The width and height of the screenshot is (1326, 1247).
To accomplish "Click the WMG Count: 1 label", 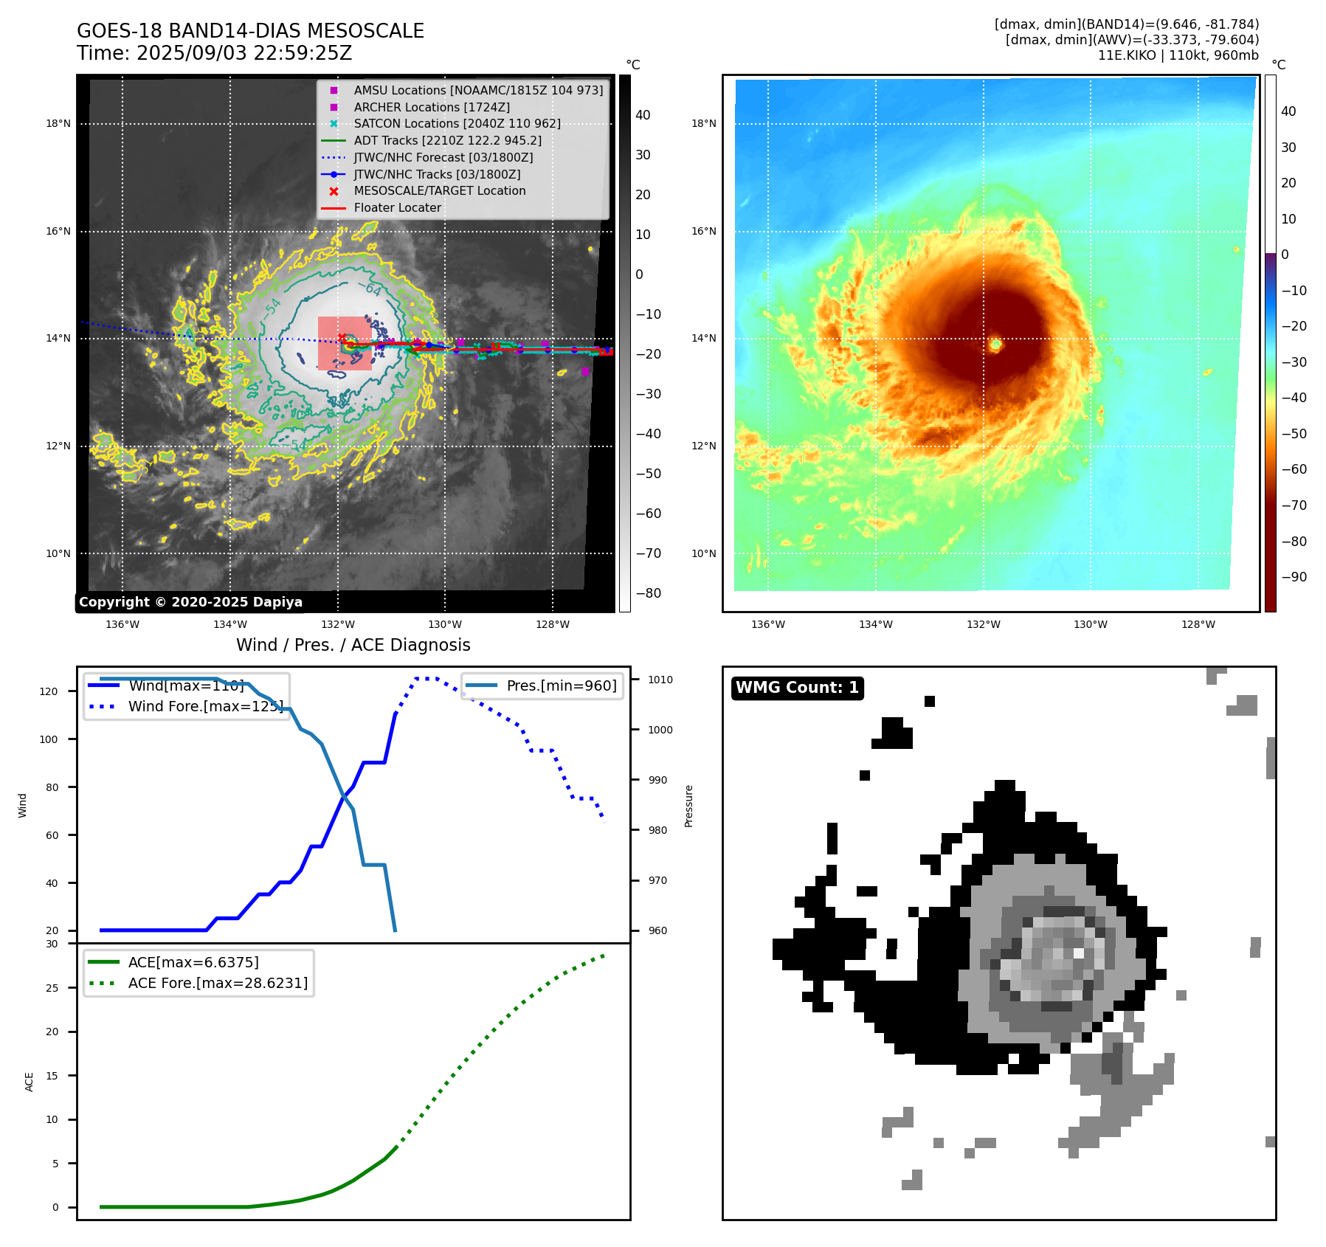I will pos(797,688).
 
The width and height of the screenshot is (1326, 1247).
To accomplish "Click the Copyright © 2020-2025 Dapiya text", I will pos(190,602).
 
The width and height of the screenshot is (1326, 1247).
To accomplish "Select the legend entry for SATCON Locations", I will pos(457,124).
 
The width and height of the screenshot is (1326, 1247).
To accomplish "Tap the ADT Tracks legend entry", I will pos(447,140).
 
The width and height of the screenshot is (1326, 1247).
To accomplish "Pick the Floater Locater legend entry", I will pos(397,208).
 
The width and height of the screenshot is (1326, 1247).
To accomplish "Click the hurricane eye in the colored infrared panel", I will pos(995,344).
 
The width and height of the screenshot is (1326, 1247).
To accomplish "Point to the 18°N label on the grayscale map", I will pos(58,124).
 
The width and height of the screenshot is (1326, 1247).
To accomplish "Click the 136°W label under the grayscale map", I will pos(122,625).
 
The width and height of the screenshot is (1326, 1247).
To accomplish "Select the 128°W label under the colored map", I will pos(1198,625).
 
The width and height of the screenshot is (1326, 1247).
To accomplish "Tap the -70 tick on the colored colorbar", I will pos(1294,505).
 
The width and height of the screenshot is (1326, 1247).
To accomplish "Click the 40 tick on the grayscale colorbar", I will pos(643,115).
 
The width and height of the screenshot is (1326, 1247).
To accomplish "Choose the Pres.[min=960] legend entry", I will pos(561,685).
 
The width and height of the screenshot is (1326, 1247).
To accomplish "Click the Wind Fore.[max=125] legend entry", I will pos(205,706).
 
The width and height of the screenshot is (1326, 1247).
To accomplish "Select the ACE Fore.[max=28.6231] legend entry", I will pos(218,983).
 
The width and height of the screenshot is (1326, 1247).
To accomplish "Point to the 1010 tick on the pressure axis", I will pos(660,680).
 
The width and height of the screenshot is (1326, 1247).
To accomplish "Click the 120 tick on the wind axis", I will pos(49,691).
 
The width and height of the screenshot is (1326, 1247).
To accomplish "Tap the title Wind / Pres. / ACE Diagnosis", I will pos(353,645).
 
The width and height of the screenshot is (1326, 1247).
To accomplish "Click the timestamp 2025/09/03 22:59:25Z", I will pos(244,53).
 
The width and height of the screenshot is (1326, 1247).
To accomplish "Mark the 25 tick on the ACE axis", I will pos(52,988).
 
